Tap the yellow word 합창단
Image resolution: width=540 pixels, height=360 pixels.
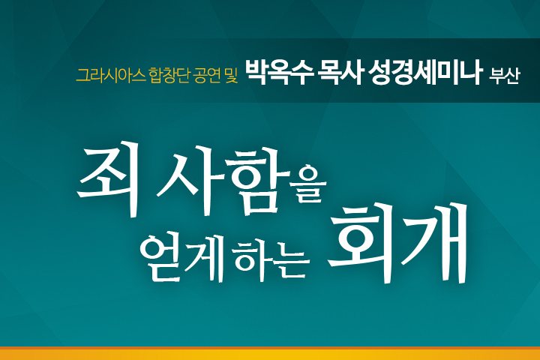coord(169,76)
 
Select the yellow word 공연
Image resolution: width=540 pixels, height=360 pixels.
coord(207,76)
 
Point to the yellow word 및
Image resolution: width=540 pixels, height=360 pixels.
coord(232,76)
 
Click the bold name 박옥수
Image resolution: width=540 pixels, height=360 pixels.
coord(279,73)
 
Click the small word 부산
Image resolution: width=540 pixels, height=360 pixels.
coord(504,76)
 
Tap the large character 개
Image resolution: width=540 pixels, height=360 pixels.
coord(434,243)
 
